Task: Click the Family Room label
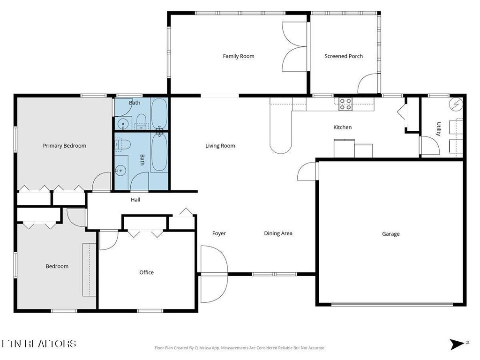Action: (239, 56)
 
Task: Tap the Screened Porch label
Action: (344, 56)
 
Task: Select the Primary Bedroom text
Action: (65, 146)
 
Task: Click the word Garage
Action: (391, 234)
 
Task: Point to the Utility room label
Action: (439, 129)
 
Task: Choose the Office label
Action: (147, 272)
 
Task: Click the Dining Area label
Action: (278, 233)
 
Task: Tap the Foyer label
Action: (219, 233)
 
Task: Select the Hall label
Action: (135, 200)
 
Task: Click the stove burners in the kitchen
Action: (345, 104)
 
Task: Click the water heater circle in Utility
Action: (456, 104)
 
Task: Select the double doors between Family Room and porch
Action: (294, 47)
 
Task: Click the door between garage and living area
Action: (308, 171)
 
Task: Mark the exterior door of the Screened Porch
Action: (368, 84)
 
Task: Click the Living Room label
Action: (220, 146)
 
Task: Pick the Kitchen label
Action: (342, 127)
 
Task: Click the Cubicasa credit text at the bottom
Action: (240, 348)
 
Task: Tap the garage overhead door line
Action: (392, 305)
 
